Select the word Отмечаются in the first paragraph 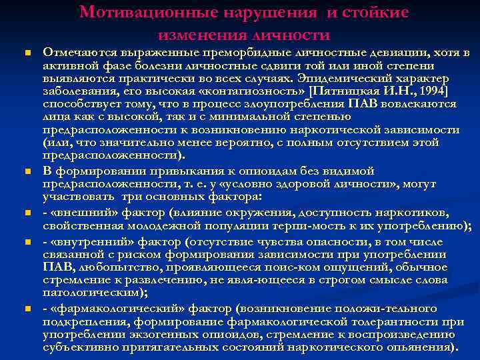click(76, 52)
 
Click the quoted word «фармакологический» click(115, 309)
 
